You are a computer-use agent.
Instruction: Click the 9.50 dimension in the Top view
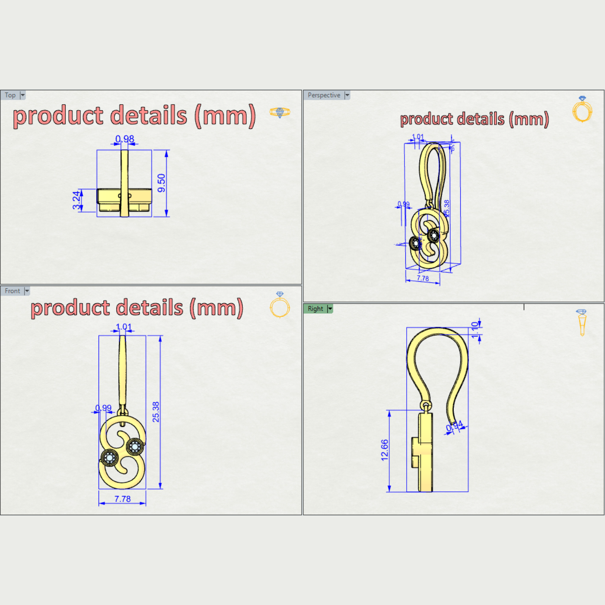(161, 183)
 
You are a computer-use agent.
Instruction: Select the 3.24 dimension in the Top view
(76, 200)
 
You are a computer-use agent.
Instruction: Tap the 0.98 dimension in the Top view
(124, 139)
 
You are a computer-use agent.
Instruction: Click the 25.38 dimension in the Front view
(156, 412)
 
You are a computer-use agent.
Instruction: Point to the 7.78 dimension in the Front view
(122, 499)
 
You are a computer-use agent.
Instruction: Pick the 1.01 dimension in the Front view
(124, 327)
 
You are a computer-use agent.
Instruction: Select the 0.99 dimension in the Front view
(103, 408)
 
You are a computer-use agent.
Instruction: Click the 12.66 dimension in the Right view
(384, 450)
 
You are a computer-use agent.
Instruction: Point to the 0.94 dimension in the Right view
(454, 426)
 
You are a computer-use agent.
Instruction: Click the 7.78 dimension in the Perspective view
(423, 279)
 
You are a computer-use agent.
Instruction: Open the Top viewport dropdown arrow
(23, 95)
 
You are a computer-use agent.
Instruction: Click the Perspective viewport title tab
(324, 95)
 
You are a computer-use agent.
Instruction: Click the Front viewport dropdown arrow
(27, 291)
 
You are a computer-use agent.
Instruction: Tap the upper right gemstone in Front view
(135, 446)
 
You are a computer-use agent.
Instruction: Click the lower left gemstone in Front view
(109, 458)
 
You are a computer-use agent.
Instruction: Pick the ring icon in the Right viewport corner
(582, 322)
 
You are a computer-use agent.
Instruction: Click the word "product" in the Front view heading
(70, 308)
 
